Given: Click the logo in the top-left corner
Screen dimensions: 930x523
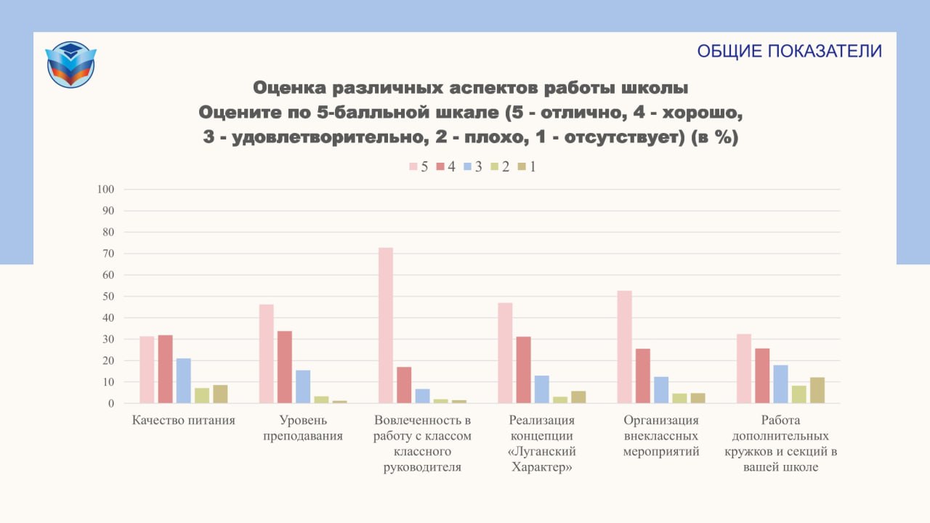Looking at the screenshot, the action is click(x=70, y=65).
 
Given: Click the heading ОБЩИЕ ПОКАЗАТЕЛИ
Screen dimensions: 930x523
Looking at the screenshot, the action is click(x=789, y=51).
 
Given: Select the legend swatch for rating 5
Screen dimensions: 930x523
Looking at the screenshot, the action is click(x=413, y=166).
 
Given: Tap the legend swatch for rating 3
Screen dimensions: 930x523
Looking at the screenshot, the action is click(x=467, y=166).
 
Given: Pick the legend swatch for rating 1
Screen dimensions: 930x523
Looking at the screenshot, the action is click(x=522, y=166).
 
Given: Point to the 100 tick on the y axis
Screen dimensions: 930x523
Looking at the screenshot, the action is click(x=105, y=190).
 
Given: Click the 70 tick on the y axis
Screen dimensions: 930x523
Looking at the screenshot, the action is click(x=108, y=254).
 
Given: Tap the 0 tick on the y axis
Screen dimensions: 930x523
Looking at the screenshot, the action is click(x=111, y=403).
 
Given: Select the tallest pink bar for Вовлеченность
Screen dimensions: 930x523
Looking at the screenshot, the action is click(x=386, y=325).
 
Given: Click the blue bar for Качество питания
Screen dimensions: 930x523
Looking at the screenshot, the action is click(x=184, y=381).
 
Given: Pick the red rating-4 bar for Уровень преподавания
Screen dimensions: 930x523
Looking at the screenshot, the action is click(x=285, y=367).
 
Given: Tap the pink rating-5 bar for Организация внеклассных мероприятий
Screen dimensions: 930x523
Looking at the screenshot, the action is click(x=624, y=347).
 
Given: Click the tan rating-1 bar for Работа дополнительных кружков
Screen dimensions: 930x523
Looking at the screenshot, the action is click(x=817, y=390).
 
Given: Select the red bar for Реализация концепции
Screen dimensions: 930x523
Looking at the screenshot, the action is click(x=524, y=370).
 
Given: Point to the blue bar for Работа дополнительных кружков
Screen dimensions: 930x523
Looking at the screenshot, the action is click(x=780, y=384).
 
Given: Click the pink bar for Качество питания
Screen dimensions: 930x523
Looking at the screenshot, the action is click(x=147, y=370).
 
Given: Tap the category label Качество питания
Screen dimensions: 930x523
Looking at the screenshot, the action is click(x=184, y=421).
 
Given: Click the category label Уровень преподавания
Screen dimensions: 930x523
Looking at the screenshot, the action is click(x=303, y=428).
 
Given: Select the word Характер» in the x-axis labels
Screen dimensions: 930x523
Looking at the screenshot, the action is click(x=542, y=467).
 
